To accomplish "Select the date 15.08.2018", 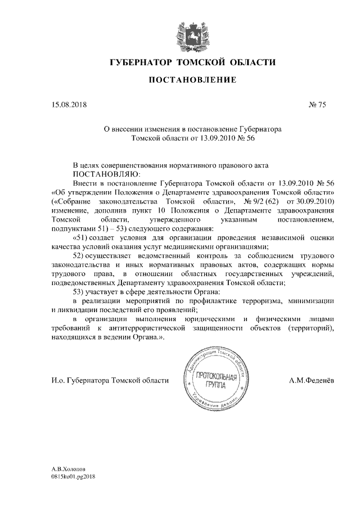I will [69, 104].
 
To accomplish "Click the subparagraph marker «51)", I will [82, 237].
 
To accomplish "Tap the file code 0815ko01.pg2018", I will [74, 476].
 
